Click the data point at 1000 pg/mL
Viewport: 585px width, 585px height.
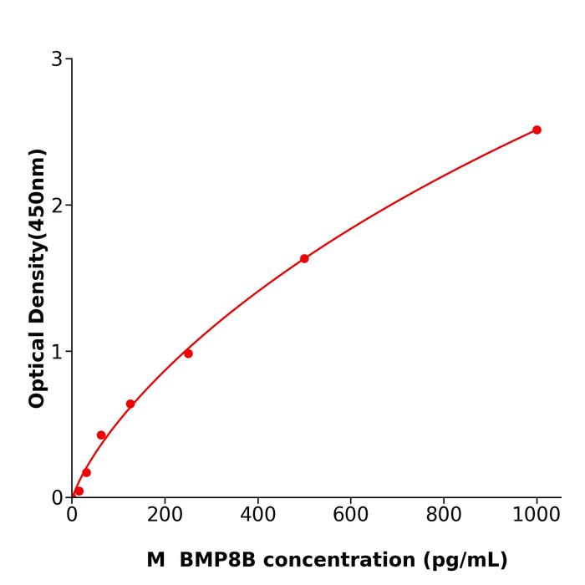click(537, 130)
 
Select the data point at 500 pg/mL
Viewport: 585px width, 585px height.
click(304, 258)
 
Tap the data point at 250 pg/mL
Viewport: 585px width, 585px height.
click(188, 354)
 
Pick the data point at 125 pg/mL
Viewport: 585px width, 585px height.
click(130, 404)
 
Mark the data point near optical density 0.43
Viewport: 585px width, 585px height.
click(101, 435)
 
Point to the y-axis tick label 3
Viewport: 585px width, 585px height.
click(57, 59)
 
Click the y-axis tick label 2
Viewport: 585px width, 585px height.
click(57, 206)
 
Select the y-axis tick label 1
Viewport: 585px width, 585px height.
click(57, 352)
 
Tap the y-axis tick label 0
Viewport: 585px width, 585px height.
click(57, 498)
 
